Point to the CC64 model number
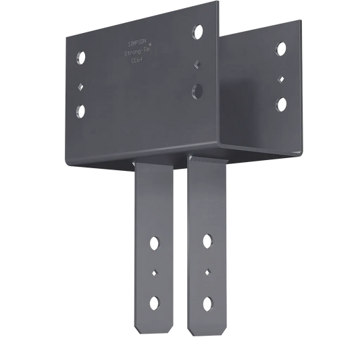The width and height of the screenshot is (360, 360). coord(139,60)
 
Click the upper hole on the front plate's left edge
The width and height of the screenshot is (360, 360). coord(81,56)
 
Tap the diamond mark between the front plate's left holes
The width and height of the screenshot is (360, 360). coord(81,86)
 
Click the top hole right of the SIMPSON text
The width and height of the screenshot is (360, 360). coord(197,31)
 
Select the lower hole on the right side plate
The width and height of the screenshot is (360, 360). coord(280,103)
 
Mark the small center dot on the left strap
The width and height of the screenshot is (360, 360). coord(156,272)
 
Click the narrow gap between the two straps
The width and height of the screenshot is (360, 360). coord(182,257)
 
